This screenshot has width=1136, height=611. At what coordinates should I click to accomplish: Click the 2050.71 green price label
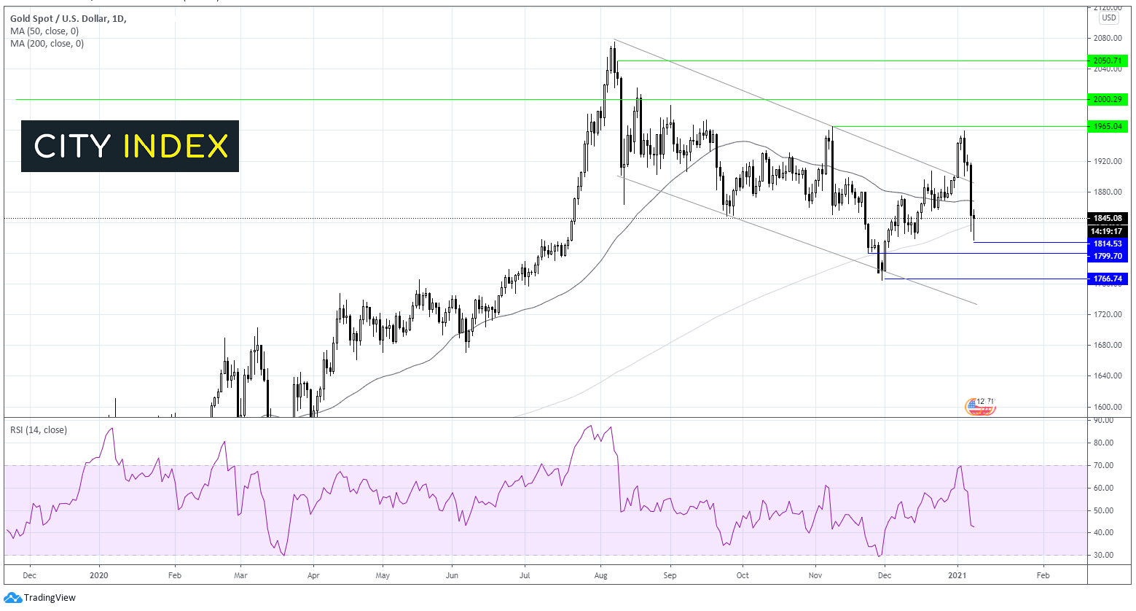tap(1108, 61)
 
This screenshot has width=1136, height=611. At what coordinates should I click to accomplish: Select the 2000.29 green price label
tap(1108, 99)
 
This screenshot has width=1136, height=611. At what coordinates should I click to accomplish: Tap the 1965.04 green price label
tap(1108, 126)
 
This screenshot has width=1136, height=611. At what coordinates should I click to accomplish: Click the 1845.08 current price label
tap(1108, 218)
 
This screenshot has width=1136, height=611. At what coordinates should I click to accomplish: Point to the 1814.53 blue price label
tap(1108, 243)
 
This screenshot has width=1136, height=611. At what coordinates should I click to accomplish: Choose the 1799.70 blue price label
tap(1108, 256)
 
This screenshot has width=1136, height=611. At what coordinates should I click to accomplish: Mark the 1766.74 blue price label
tap(1108, 279)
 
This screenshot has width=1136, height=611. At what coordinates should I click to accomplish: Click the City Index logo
tap(130, 146)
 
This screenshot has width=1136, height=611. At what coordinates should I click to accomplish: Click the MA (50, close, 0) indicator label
tap(44, 31)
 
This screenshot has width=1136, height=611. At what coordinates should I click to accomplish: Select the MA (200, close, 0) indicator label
tap(47, 44)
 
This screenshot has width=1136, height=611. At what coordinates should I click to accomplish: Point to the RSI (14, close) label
tap(39, 430)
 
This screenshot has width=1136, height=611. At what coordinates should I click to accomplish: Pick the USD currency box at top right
tap(1108, 17)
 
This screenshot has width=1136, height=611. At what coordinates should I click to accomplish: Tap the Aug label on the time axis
tap(600, 575)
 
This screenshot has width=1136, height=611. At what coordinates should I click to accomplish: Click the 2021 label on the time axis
tap(957, 575)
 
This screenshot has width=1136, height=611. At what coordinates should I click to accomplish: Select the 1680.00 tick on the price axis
tap(1107, 345)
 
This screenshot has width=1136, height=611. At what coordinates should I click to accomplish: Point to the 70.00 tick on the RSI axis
tap(1103, 465)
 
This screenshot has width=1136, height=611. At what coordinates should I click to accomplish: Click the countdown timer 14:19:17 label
tap(1108, 231)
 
